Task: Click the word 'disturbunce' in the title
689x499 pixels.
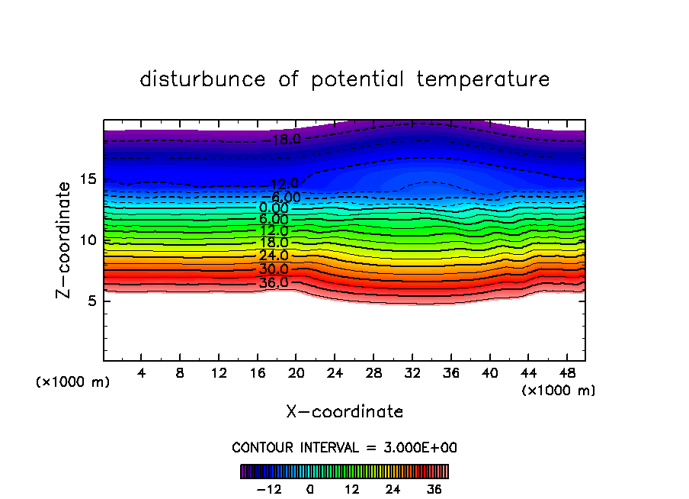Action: click(203, 79)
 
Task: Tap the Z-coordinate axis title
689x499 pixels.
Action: click(66, 240)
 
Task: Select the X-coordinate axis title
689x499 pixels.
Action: click(344, 412)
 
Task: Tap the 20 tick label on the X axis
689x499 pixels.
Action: click(296, 373)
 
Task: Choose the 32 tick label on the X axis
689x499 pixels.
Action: click(412, 373)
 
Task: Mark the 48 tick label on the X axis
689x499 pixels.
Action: click(566, 373)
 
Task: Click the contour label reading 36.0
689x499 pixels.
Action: click(274, 282)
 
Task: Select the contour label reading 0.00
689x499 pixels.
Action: click(274, 208)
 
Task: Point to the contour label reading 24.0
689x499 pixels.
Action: click(274, 256)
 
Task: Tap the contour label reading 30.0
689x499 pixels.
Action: click(274, 269)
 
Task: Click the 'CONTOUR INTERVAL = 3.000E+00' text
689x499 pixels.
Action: click(344, 448)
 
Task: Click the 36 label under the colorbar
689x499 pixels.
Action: click(434, 489)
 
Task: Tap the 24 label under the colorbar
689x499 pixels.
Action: click(393, 489)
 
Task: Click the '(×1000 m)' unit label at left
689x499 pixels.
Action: click(73, 382)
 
